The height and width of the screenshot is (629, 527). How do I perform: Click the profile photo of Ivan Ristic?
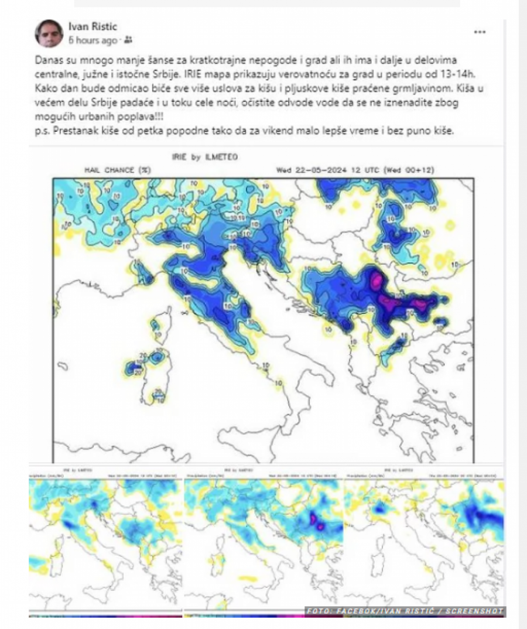[49, 33]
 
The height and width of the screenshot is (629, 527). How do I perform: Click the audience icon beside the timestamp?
[128, 40]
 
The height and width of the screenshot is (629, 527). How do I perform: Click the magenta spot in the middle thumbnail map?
[317, 520]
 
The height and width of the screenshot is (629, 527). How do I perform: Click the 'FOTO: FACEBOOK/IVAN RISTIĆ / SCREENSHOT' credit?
[404, 611]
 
